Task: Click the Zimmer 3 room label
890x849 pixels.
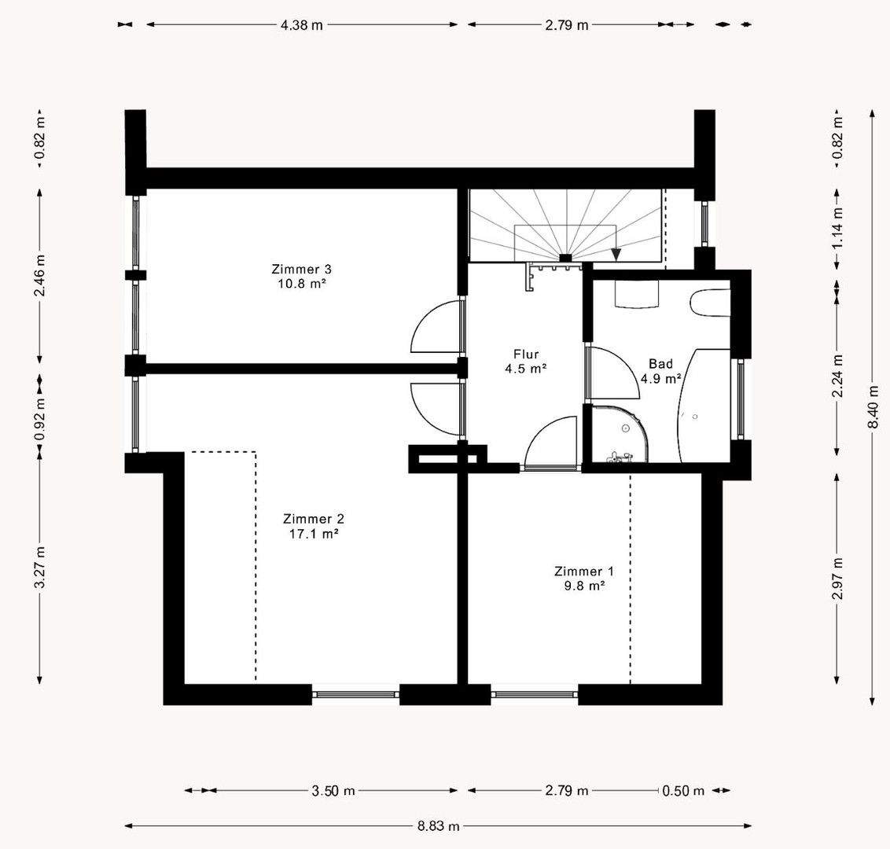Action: click(301, 269)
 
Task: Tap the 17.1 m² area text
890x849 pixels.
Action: click(314, 534)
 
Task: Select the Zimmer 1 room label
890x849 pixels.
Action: click(584, 572)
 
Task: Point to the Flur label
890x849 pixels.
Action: click(526, 354)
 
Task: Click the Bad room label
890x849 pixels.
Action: click(660, 364)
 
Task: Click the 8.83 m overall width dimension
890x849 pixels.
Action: click(438, 825)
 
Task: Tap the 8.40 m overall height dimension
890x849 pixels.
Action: click(873, 407)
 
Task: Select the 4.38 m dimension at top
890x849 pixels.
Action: click(301, 25)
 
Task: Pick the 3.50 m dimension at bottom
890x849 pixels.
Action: click(333, 790)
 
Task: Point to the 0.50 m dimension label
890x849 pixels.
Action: click(683, 790)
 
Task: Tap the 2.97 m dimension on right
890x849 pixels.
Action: click(837, 579)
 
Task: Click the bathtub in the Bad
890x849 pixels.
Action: click(704, 405)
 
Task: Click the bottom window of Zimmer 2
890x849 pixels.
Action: click(356, 694)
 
